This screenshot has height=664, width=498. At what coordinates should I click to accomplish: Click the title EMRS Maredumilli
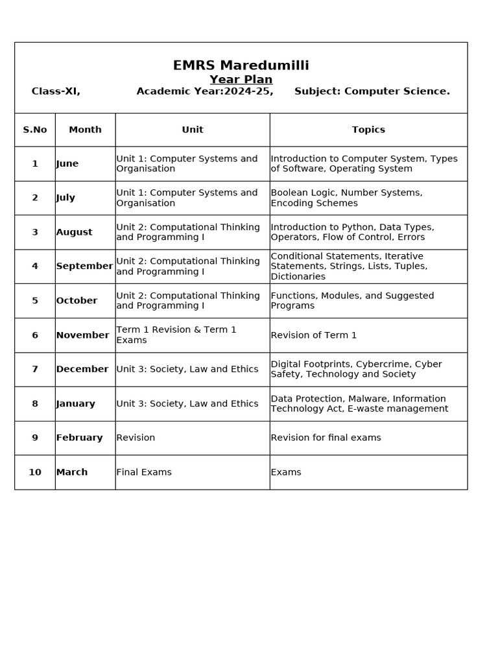pyautogui.click(x=241, y=65)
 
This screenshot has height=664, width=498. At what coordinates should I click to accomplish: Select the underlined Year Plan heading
pyautogui.click(x=241, y=80)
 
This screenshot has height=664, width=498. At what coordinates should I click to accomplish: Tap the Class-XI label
pyautogui.click(x=56, y=91)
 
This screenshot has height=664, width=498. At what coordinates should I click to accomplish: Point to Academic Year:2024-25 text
pyautogui.click(x=204, y=91)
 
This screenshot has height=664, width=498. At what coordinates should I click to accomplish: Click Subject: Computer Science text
pyautogui.click(x=372, y=91)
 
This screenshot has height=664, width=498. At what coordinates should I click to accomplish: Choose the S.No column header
pyautogui.click(x=35, y=130)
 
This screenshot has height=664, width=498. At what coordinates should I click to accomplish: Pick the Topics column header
pyautogui.click(x=368, y=130)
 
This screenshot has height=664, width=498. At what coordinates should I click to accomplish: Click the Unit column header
pyautogui.click(x=193, y=130)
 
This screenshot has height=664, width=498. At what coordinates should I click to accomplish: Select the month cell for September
pyautogui.click(x=84, y=266)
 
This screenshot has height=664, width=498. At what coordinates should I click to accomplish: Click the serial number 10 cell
pyautogui.click(x=35, y=472)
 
